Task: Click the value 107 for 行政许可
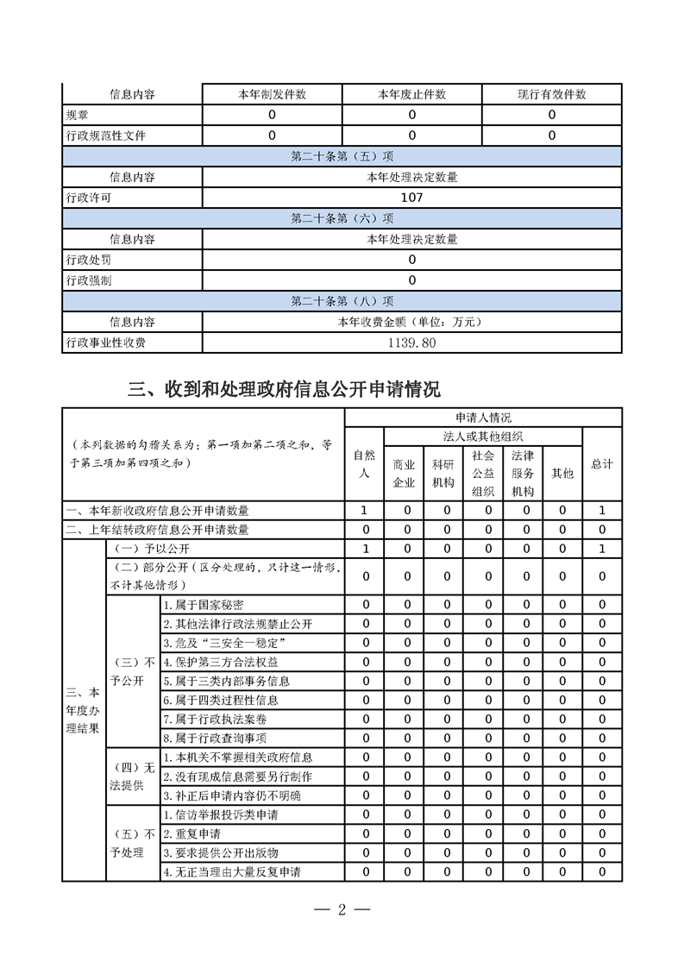411,198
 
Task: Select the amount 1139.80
411,343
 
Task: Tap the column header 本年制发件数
272,94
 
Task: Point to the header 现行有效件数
551,94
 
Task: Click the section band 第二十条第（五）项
342,156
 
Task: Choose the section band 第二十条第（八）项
342,301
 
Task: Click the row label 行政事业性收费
106,343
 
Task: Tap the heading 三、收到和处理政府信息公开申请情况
285,389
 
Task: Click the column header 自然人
365,463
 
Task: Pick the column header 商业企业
404,474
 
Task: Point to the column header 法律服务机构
523,474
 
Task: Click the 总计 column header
602,464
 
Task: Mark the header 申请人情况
483,418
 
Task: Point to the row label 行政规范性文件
106,135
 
